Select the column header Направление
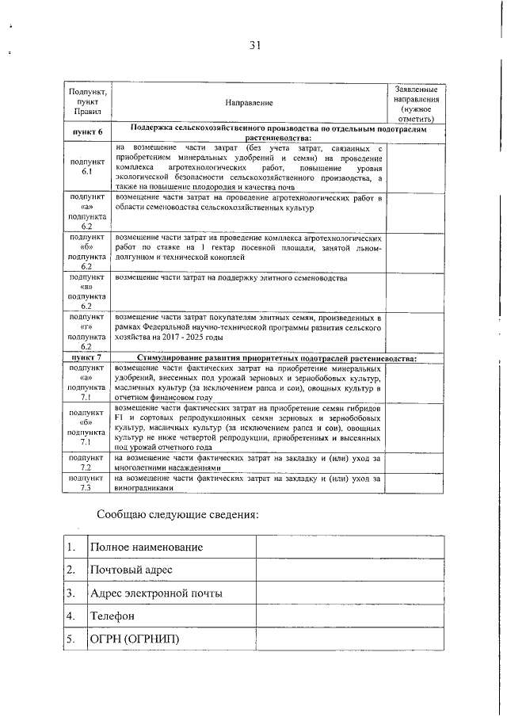[248, 103]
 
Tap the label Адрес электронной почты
[156, 593]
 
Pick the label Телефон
[112, 616]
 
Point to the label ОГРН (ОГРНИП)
[135, 639]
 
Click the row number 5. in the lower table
[72, 639]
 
